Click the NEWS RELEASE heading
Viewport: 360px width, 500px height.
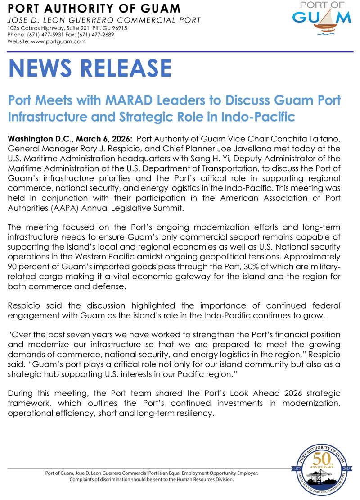click(x=90, y=68)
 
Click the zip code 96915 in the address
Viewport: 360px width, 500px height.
click(x=118, y=28)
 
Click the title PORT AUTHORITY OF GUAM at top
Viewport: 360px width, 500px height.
click(x=94, y=8)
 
